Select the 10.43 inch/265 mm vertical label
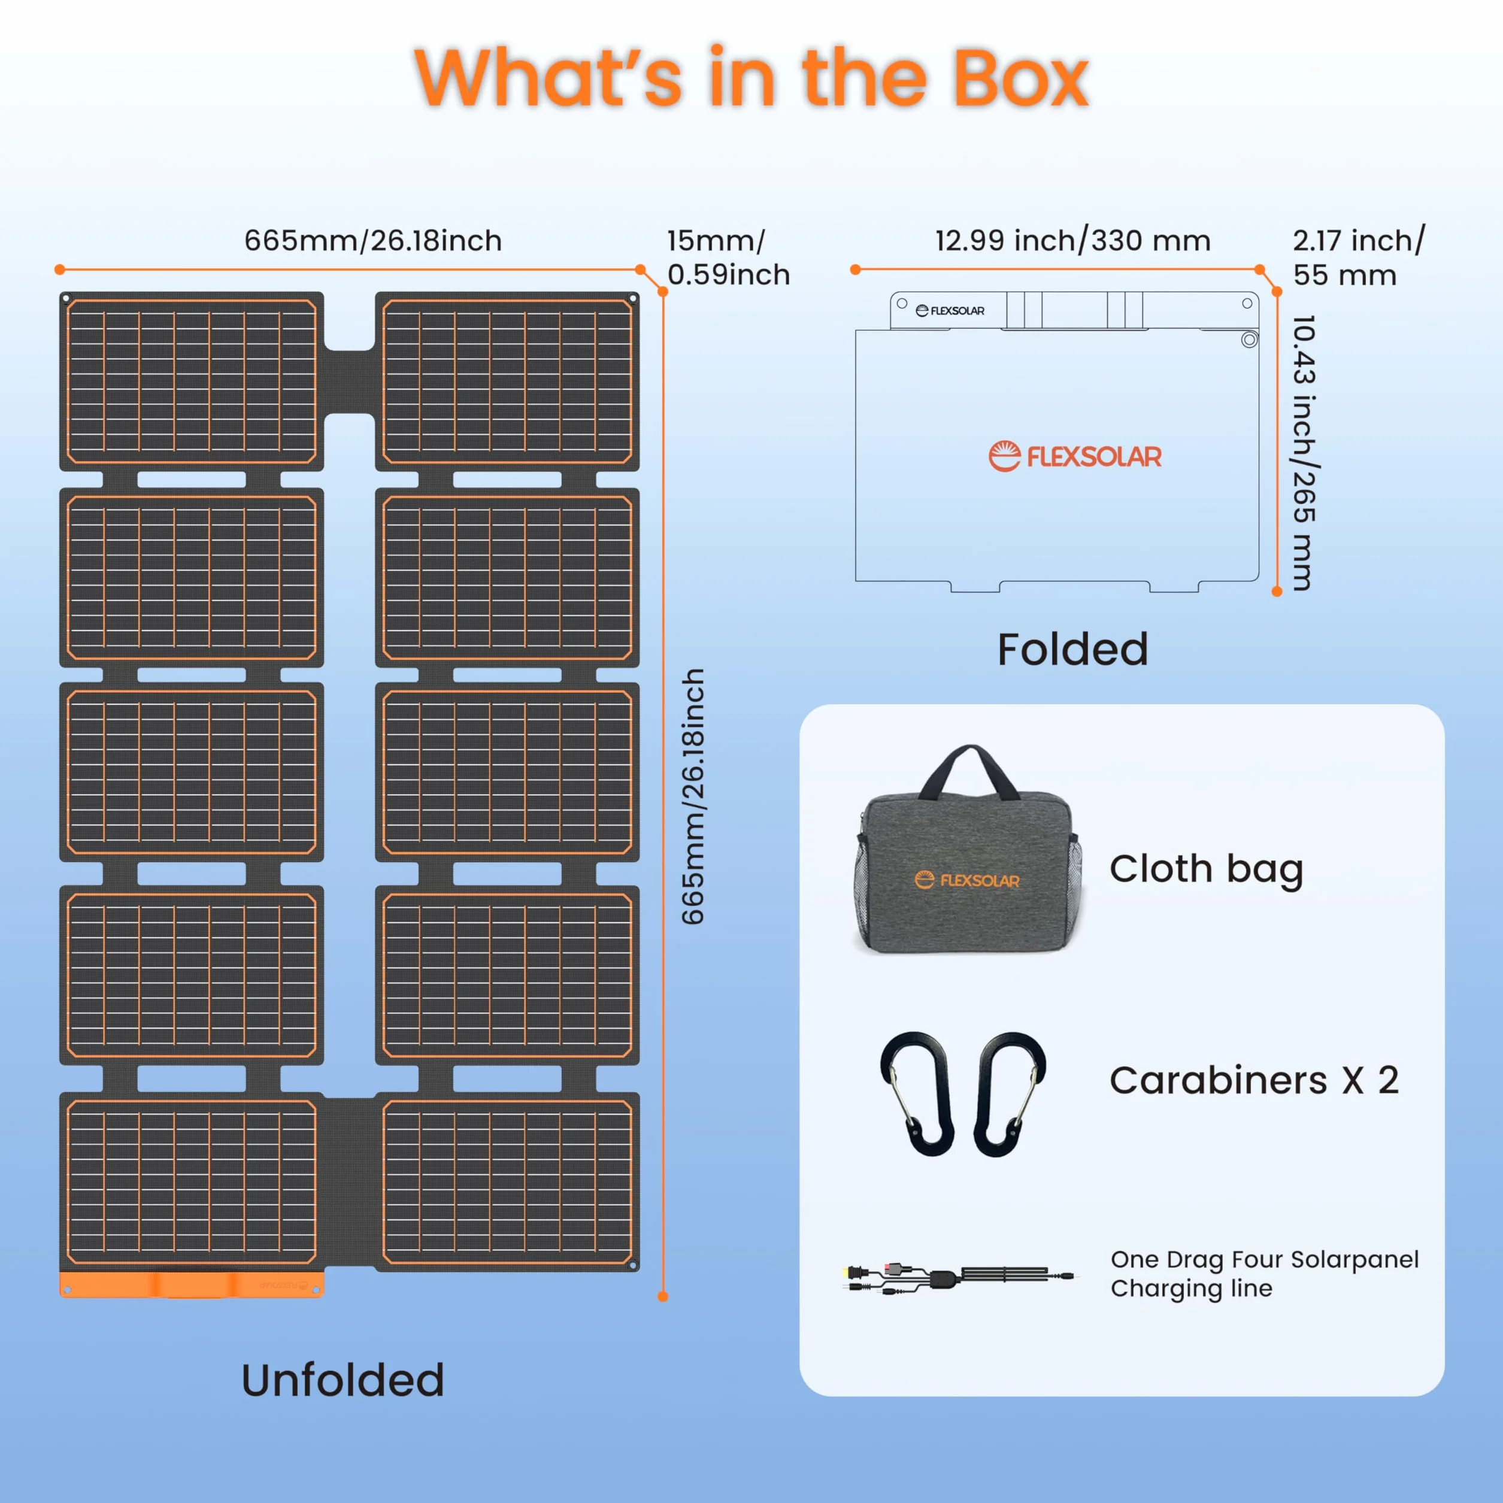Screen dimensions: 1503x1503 [x=1303, y=452]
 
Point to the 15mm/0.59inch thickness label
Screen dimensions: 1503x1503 [x=728, y=257]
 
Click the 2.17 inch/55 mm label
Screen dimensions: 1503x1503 [x=1358, y=257]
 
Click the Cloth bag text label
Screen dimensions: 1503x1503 [x=1206, y=869]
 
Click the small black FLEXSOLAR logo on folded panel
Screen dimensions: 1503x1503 [x=950, y=310]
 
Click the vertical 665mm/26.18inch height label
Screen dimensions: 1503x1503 [x=692, y=796]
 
